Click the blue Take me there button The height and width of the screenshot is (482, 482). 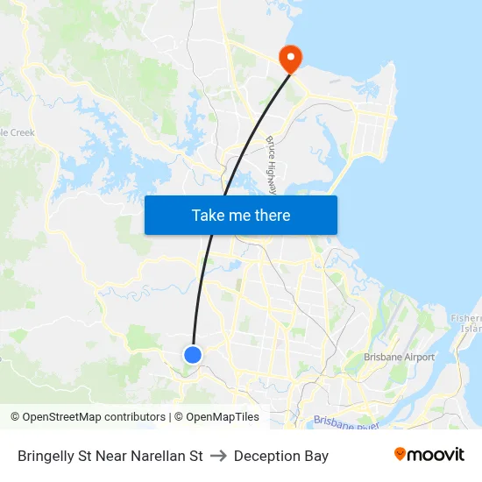241,215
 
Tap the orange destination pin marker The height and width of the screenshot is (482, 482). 289,59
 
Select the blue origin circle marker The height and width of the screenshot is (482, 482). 193,354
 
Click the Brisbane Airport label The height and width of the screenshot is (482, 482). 400,358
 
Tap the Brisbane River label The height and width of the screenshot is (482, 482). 347,422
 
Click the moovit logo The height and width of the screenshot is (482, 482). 429,455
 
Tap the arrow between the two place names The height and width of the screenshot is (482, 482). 218,456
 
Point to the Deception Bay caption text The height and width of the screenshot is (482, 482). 281,456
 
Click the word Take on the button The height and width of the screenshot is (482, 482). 208,215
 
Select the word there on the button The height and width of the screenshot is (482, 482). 272,215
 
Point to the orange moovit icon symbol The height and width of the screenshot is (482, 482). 400,454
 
